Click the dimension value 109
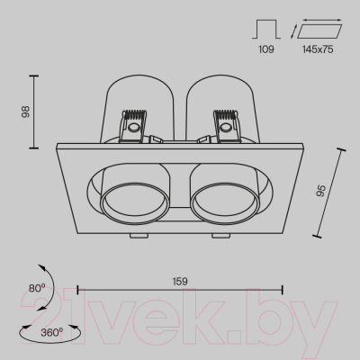click(266, 49)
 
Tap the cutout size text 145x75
click(318, 49)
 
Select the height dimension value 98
click(25, 112)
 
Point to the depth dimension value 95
click(320, 191)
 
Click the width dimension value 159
click(180, 282)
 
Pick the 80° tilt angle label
click(37, 288)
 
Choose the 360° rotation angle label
click(51, 332)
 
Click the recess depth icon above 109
click(266, 29)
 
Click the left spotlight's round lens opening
click(135, 202)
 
